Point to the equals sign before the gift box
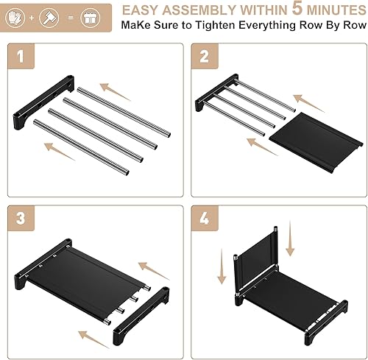coord(71,15)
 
